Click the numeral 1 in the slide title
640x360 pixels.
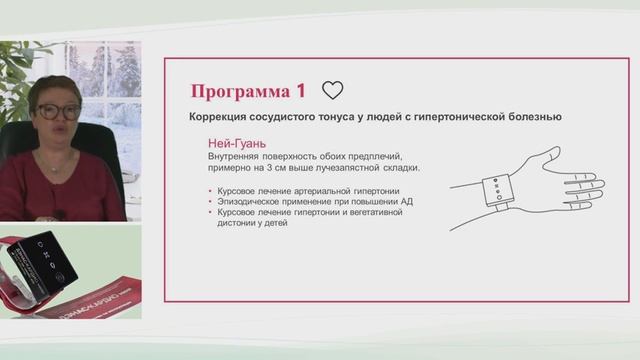coord(301,91)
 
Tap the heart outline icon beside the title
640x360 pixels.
coord(333,91)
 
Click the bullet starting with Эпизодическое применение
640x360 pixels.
coord(300,200)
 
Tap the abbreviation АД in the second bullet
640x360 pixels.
coord(409,200)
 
